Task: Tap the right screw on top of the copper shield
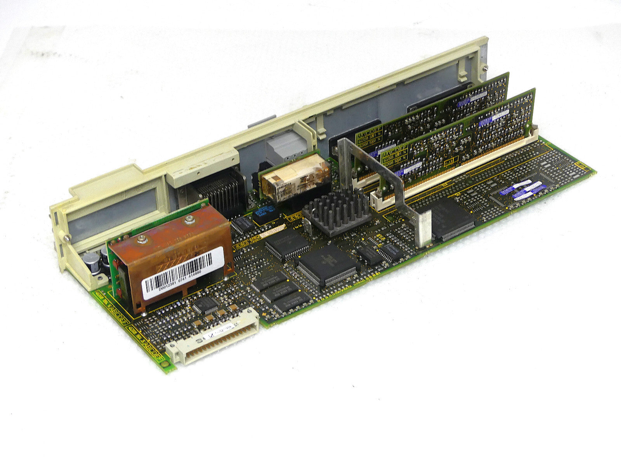tap(189, 220)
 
